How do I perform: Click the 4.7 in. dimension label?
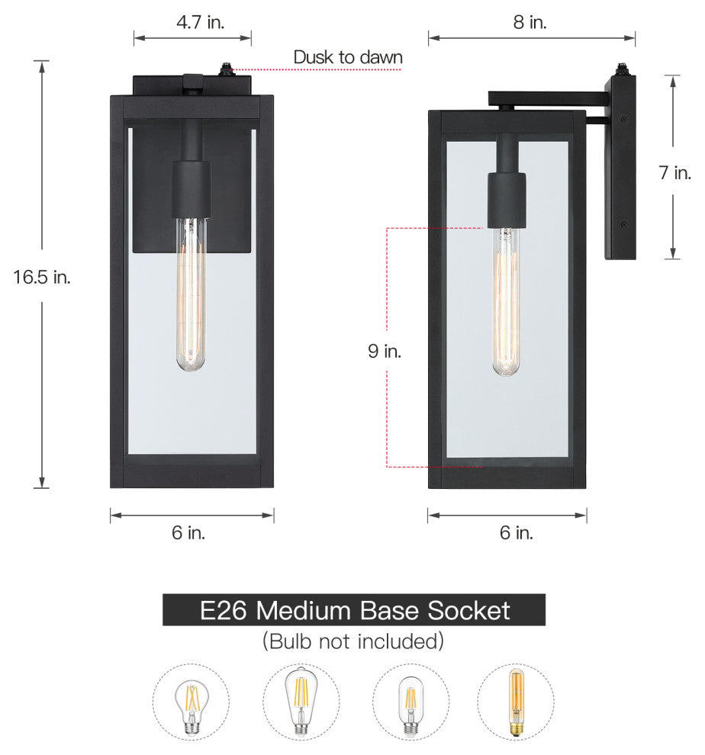[x=200, y=22]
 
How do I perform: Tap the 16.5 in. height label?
[x=42, y=277]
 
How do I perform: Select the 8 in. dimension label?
[x=530, y=22]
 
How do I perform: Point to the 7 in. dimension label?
[x=674, y=172]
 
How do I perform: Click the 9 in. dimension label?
[x=385, y=351]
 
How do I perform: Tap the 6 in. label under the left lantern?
[x=188, y=532]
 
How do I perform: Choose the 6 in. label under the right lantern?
[x=516, y=532]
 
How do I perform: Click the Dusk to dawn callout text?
[x=348, y=57]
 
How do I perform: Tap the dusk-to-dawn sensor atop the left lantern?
[x=225, y=69]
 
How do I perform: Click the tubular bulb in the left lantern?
[x=191, y=294]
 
